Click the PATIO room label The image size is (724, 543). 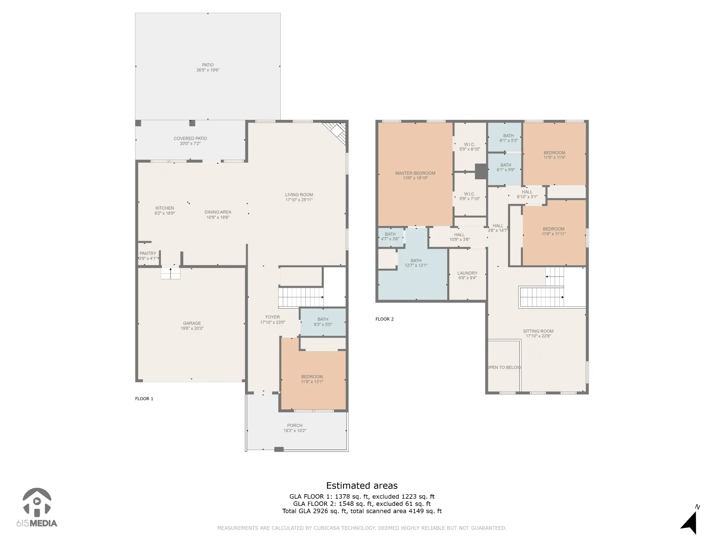[x=208, y=65]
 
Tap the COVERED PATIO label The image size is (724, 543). [x=190, y=139]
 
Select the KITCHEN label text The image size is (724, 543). [x=165, y=208]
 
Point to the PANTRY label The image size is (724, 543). [x=148, y=253]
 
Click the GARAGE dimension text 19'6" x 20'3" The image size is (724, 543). [x=192, y=328]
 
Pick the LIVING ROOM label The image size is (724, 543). [x=299, y=195]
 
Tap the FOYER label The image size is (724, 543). [x=273, y=317]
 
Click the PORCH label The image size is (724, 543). [x=295, y=426]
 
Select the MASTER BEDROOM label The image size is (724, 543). [x=415, y=173]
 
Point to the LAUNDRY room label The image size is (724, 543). [x=467, y=273]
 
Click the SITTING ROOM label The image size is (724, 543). [x=538, y=331]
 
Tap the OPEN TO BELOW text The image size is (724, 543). [x=504, y=367]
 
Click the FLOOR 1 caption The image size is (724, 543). [x=144, y=399]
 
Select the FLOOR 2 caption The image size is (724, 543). [x=385, y=319]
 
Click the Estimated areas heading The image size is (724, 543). [x=362, y=486]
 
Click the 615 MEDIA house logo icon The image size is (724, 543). [x=37, y=502]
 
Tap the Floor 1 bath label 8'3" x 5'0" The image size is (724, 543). [x=323, y=325]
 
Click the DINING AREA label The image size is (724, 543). [x=218, y=212]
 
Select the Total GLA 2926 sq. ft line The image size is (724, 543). [x=362, y=511]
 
